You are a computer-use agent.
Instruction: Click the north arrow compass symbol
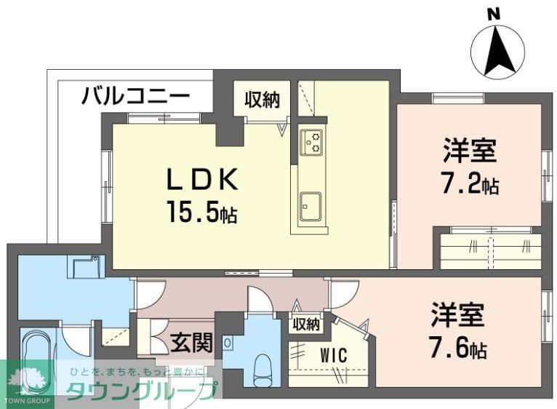pos(498,52)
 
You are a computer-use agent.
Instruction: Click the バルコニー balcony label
pos(135,95)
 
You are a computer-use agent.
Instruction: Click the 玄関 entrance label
pos(191,341)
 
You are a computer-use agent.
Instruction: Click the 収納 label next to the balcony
pos(262,100)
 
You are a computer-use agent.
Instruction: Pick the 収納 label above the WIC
pos(306,325)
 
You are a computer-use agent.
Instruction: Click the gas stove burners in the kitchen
pos(313,142)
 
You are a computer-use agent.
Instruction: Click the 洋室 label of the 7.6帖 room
pos(457,317)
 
